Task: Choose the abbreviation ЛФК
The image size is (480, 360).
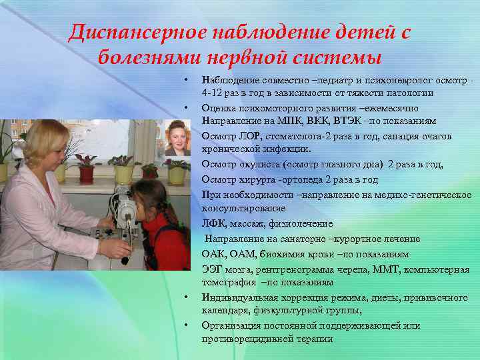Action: point(213,224)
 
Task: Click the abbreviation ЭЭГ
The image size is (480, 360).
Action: point(213,269)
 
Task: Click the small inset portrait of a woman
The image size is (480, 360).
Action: point(177,139)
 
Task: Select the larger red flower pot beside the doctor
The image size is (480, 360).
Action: point(87,173)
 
